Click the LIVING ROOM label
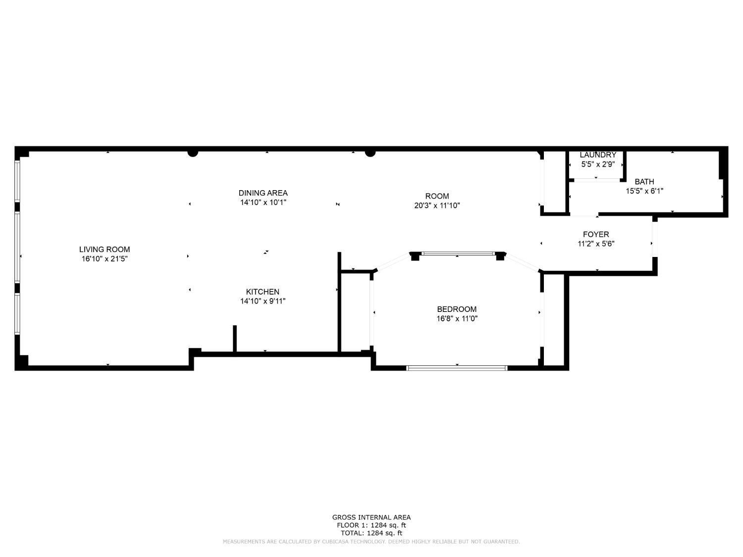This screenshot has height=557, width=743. (x=104, y=249)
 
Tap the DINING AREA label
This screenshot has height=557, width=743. (x=263, y=193)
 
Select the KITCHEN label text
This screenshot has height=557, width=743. (x=263, y=292)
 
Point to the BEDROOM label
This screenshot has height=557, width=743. (x=457, y=309)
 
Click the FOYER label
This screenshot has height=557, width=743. (x=596, y=234)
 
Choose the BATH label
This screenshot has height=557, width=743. (x=644, y=181)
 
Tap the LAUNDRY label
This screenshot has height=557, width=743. (x=598, y=155)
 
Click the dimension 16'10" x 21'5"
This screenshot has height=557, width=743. (x=104, y=259)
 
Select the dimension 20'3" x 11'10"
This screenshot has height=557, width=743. (x=437, y=205)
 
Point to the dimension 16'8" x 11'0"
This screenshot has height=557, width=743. (x=457, y=318)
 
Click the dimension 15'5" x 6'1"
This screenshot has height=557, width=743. (x=644, y=191)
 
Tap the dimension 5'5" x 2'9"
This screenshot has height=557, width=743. (x=598, y=164)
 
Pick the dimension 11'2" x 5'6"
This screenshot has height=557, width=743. (x=596, y=244)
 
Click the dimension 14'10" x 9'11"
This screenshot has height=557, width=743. (x=263, y=301)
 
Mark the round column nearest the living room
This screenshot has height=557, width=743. (x=193, y=153)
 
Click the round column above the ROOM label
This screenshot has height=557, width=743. (x=370, y=153)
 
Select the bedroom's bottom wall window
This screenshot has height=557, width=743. (x=457, y=368)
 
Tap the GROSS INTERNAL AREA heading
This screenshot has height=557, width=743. (x=371, y=517)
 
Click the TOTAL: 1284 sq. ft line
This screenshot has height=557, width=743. (x=371, y=533)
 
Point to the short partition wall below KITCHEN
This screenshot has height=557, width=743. (x=235, y=339)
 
